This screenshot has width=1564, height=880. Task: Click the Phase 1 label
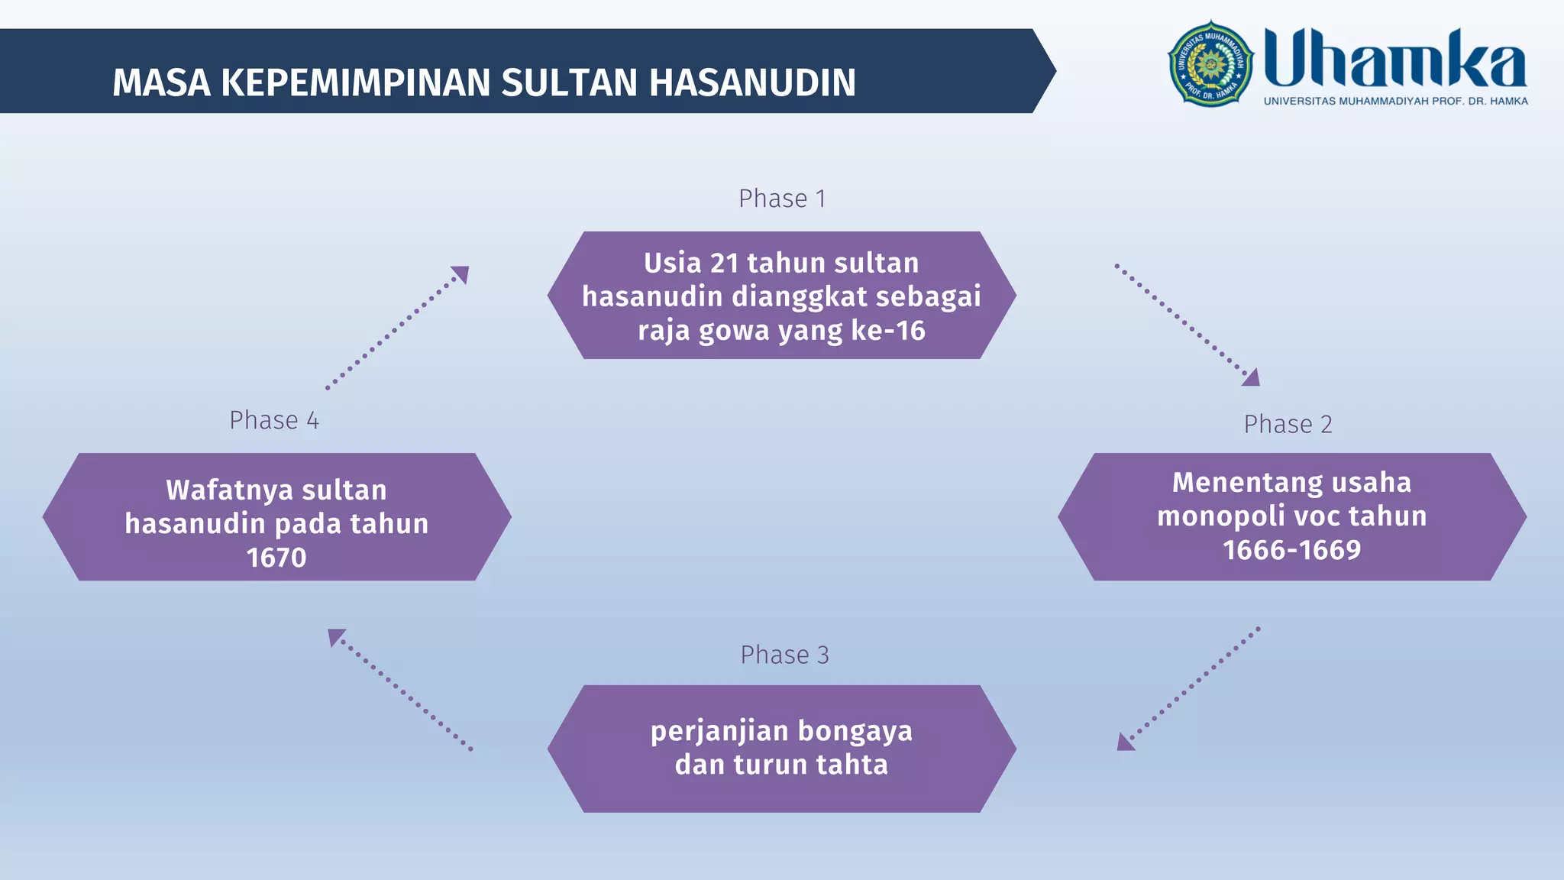pyautogui.click(x=781, y=199)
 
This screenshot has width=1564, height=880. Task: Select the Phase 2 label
pyautogui.click(x=1288, y=424)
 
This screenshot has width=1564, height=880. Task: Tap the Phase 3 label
pyautogui.click(x=784, y=655)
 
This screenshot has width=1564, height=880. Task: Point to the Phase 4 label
pyautogui.click(x=274, y=420)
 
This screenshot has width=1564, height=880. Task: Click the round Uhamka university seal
pyautogui.click(x=1210, y=64)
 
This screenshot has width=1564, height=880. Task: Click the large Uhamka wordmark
pyautogui.click(x=1394, y=58)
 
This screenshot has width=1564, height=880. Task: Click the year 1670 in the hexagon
pyautogui.click(x=276, y=558)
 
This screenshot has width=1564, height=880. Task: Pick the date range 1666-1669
pyautogui.click(x=1291, y=550)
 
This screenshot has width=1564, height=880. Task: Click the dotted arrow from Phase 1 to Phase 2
pyautogui.click(x=1186, y=325)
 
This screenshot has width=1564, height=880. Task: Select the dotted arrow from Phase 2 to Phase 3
pyautogui.click(x=1188, y=688)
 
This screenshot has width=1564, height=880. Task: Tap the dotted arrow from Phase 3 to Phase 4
pyautogui.click(x=400, y=689)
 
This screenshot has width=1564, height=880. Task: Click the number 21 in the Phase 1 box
pyautogui.click(x=724, y=263)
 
